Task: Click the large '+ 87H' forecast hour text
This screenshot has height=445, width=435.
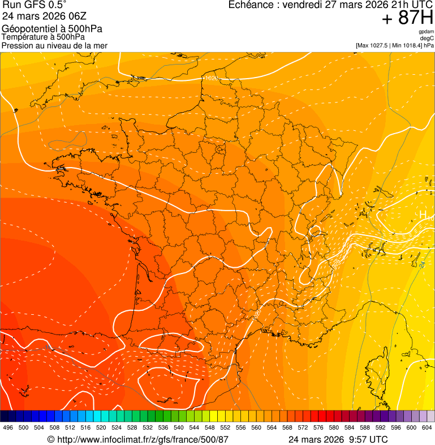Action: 407,18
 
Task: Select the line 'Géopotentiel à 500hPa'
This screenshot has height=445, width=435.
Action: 52,29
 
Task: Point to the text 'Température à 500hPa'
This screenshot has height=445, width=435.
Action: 43,37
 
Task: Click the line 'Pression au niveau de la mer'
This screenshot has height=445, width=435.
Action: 54,45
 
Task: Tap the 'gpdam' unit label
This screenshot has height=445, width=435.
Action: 426,32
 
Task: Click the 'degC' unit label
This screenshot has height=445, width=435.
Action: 427,38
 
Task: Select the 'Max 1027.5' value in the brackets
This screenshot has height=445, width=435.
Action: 375,45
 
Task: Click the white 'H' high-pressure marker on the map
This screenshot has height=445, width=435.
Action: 423,215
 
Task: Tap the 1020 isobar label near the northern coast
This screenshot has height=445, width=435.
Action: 210,78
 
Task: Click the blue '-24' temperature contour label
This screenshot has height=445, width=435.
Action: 421,264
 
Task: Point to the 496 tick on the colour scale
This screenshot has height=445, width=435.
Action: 8,427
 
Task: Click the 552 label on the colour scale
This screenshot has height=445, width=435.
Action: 225,427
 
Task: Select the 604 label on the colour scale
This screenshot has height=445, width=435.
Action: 427,427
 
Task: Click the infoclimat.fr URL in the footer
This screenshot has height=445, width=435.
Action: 142,439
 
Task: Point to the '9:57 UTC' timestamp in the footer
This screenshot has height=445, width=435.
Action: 368,439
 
